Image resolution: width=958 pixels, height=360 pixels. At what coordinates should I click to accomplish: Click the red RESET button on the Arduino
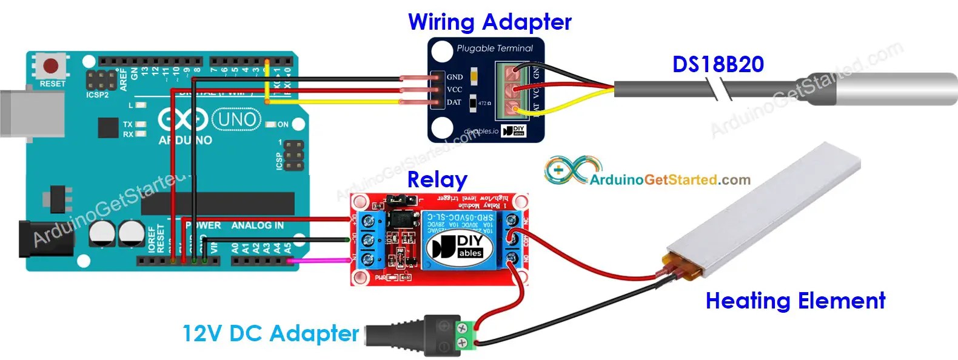[x=51, y=65]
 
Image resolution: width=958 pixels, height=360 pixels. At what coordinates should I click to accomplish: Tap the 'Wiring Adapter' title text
[x=489, y=22]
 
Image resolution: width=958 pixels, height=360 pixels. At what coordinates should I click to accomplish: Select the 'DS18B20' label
[x=718, y=64]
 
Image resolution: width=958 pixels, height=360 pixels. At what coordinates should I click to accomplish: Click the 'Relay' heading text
[x=437, y=179]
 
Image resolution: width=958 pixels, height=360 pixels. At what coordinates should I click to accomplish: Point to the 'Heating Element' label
[x=795, y=301]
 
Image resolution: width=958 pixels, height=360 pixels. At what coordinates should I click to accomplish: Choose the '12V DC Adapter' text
[x=270, y=333]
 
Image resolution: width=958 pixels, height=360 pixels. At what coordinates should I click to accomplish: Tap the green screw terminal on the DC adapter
[x=466, y=336]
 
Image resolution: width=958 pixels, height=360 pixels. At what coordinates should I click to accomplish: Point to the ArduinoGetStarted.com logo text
[x=669, y=180]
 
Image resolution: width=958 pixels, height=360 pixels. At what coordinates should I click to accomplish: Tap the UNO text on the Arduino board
[x=236, y=119]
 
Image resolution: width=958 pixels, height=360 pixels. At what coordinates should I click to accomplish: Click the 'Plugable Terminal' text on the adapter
[x=495, y=48]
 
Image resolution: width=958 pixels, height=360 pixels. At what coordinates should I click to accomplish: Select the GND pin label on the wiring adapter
[x=455, y=77]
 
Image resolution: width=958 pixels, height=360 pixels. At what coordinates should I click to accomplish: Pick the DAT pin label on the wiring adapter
[x=454, y=102]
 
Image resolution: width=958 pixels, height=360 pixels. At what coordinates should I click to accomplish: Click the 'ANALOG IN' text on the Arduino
[x=257, y=225]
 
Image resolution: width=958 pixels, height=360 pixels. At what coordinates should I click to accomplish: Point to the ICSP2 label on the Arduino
[x=97, y=95]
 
